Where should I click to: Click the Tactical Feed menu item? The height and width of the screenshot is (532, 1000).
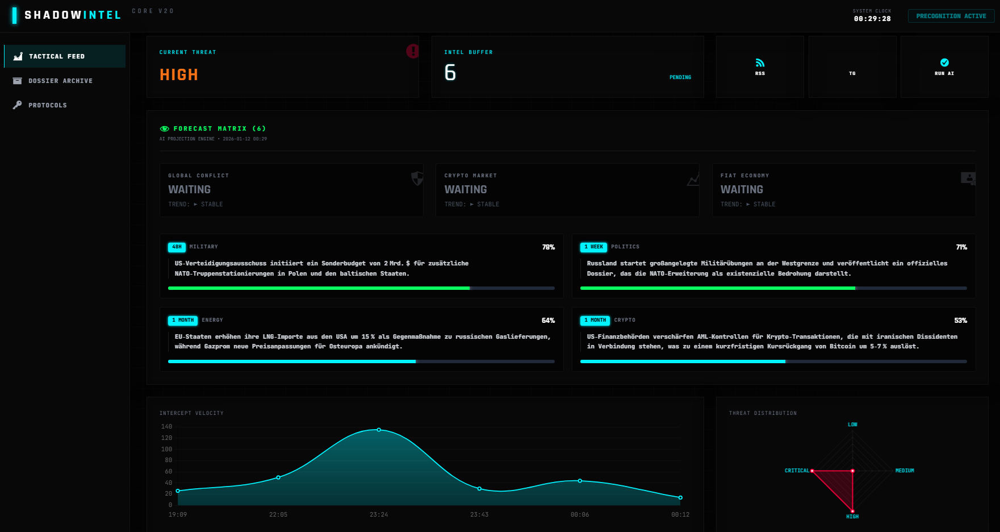[x=57, y=56]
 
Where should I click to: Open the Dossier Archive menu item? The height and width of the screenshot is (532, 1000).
[x=60, y=81]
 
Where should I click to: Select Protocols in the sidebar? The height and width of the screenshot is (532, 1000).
[x=48, y=105]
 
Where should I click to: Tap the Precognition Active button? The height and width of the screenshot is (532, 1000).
[x=951, y=16]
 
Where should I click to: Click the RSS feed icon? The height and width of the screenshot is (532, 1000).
[x=760, y=63]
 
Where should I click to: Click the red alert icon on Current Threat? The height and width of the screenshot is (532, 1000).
[x=413, y=51]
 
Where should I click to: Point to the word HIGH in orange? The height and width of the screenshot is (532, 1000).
[x=179, y=74]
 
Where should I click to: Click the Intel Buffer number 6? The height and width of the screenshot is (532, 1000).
[x=450, y=72]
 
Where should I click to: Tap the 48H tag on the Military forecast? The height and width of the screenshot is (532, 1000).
[x=177, y=247]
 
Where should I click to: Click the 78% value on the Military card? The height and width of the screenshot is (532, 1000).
[x=548, y=247]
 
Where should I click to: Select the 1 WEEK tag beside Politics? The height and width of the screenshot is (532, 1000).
[x=594, y=247]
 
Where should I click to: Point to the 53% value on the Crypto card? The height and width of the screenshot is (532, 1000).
[x=960, y=321]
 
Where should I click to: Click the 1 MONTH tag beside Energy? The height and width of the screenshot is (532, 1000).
[x=183, y=320]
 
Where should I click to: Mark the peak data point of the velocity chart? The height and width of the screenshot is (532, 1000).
[x=379, y=430]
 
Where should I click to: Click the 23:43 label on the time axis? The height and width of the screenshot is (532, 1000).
[x=479, y=514]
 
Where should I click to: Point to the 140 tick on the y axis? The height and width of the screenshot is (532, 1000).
[x=166, y=426]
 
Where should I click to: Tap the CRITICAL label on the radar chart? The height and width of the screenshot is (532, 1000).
[x=797, y=471]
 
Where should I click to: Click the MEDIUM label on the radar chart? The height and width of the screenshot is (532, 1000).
[x=905, y=471]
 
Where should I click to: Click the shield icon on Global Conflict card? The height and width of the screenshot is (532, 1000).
[x=417, y=178]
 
